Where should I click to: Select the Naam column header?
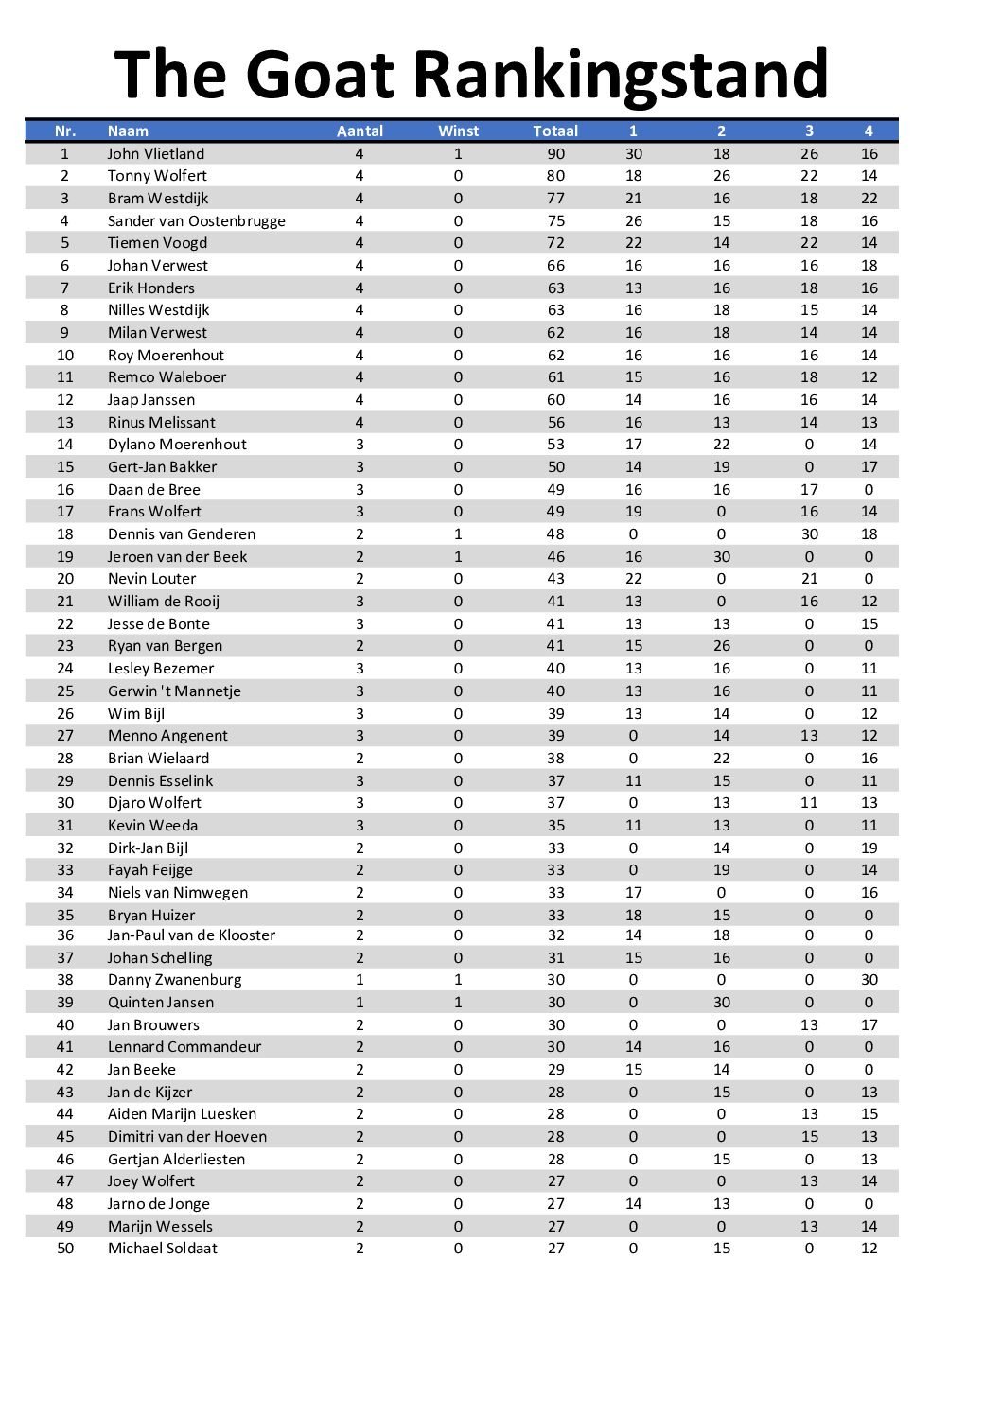point(128,131)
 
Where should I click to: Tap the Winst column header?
point(458,131)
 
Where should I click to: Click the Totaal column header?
point(555,131)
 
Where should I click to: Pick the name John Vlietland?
point(155,154)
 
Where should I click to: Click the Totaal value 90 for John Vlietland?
point(555,154)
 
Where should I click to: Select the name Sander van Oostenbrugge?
point(196,221)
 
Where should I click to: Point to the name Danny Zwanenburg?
point(174,980)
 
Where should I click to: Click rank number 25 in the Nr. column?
point(65,691)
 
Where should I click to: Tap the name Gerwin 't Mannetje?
point(174,691)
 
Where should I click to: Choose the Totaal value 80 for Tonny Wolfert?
point(555,176)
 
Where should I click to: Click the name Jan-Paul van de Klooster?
point(191,935)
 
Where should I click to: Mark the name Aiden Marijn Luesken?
point(182,1114)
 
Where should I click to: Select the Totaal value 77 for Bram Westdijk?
point(555,199)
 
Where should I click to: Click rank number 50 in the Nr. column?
point(65,1249)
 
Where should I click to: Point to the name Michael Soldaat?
point(162,1249)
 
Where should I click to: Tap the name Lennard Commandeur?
point(184,1047)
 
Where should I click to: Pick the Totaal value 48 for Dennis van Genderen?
point(555,534)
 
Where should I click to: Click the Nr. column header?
point(65,131)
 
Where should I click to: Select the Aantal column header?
point(360,131)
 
